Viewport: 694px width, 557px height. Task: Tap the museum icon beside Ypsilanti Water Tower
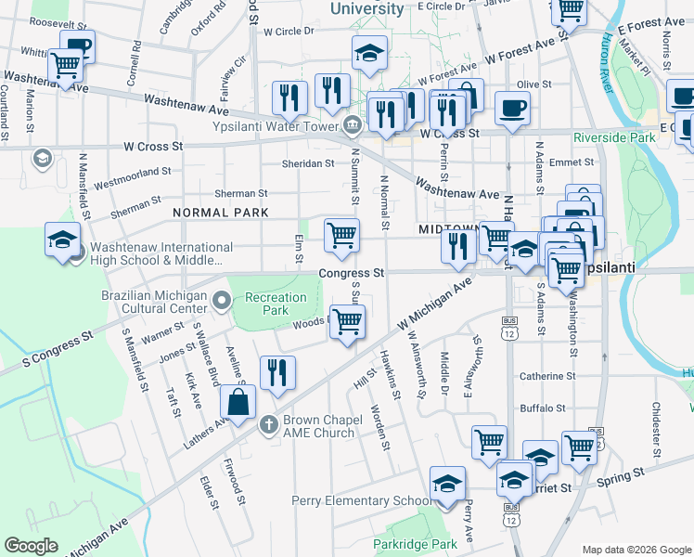coord(352,126)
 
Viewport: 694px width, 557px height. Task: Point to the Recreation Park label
coord(275,304)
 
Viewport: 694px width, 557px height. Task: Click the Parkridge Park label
coord(415,543)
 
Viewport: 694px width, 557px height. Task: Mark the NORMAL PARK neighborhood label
coord(220,213)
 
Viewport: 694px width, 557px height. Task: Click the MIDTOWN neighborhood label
coord(448,228)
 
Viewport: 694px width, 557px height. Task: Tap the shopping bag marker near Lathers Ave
coord(238,402)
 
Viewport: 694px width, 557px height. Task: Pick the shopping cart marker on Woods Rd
coord(347,322)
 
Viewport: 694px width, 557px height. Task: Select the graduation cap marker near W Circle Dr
coord(370,52)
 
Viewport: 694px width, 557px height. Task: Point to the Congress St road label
coord(352,274)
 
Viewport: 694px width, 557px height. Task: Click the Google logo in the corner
coord(31,546)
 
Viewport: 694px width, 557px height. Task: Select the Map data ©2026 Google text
coord(636,550)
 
